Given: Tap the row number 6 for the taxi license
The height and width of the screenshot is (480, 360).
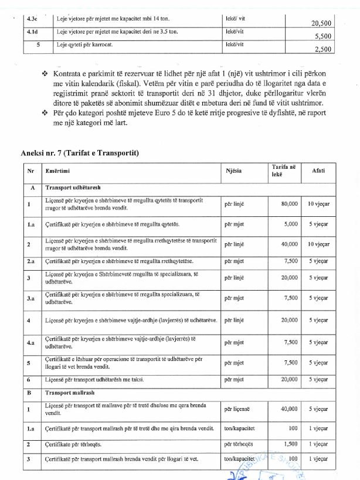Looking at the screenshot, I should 29,380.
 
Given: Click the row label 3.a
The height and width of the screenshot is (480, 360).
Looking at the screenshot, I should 29,298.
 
